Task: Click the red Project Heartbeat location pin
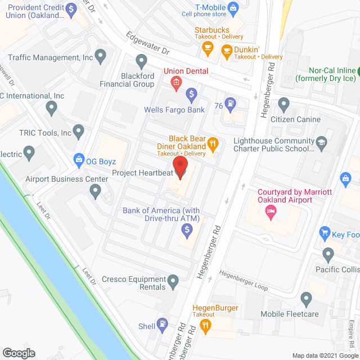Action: click(x=180, y=167)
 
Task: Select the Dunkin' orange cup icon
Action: click(x=227, y=52)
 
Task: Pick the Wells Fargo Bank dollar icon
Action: click(x=191, y=93)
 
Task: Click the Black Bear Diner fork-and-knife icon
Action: click(x=213, y=145)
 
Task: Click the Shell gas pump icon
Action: click(x=163, y=325)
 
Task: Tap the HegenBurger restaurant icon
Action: click(x=206, y=325)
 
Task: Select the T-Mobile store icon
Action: click(x=235, y=7)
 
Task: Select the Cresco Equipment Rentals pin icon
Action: click(x=173, y=280)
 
